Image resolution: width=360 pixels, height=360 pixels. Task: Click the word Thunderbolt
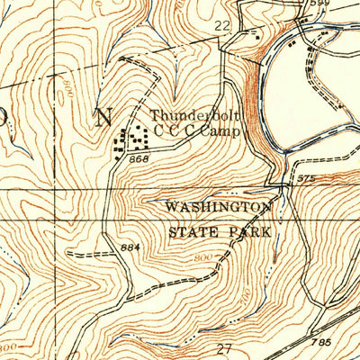coord(190,115)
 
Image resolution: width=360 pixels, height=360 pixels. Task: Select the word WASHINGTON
coord(218,208)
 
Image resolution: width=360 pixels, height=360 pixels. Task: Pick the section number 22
coord(222,28)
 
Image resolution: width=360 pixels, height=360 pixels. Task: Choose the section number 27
coord(224,347)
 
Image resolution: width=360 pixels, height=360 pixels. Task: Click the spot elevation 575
coord(307,179)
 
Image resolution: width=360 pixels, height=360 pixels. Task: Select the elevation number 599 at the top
coord(319,4)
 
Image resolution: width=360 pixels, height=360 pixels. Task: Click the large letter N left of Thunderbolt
coord(104,117)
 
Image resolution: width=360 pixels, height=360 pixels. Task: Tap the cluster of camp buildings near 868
coord(131,139)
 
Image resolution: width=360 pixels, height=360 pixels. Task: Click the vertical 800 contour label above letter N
coord(68,88)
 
